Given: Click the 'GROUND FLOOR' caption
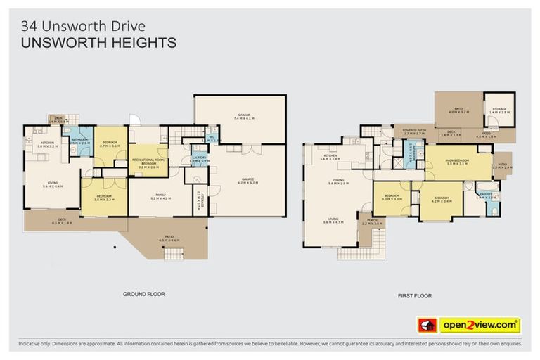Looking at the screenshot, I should click(x=143, y=294).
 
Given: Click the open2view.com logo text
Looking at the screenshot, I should click(x=480, y=325).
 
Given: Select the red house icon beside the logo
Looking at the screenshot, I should click(x=427, y=325).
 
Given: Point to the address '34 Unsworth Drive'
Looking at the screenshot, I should click(x=83, y=26).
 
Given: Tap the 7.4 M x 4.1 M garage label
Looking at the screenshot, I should click(x=241, y=117).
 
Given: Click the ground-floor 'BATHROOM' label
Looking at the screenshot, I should click(x=79, y=141).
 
